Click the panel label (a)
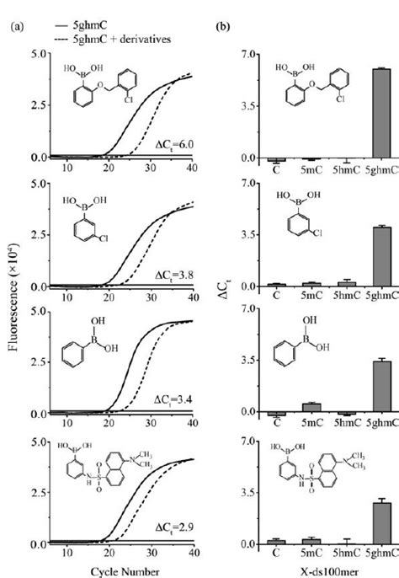pyautogui.click(x=16, y=27)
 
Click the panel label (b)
pyautogui.click(x=223, y=27)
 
